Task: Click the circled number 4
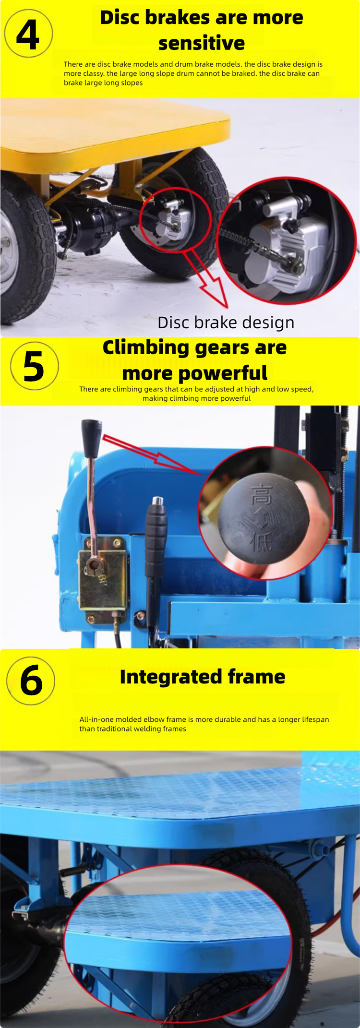tap(28, 34)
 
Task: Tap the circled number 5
tap(34, 366)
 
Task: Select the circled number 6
tap(31, 681)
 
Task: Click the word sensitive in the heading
tap(202, 43)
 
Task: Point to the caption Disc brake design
tap(226, 323)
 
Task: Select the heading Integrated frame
tap(202, 677)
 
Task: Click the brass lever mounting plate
tap(103, 574)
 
